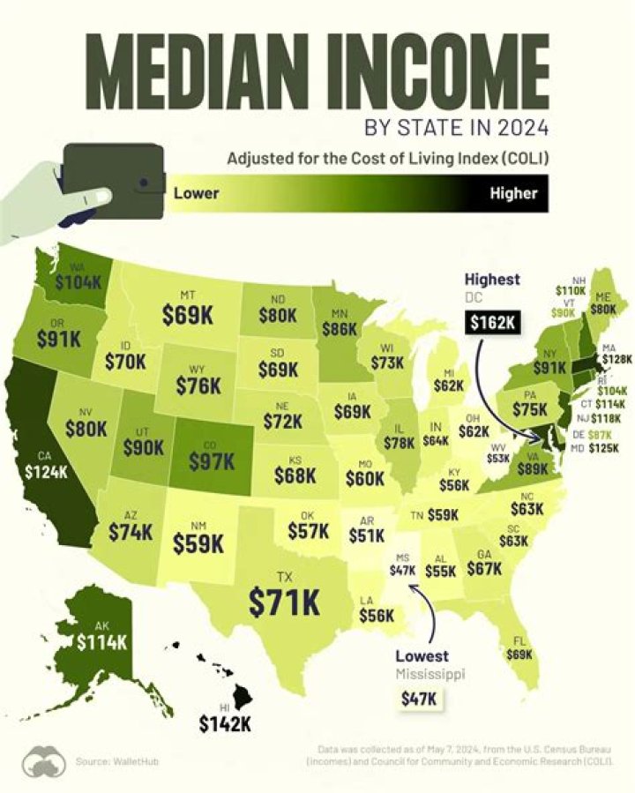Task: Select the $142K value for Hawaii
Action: coord(224,723)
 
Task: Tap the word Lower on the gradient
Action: coord(196,192)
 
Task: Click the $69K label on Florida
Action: coord(520,655)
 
